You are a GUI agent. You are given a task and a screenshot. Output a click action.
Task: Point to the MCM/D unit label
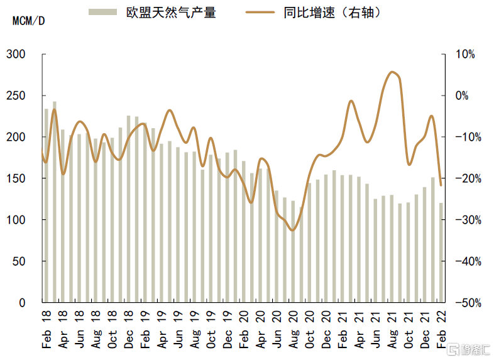click(x=28, y=20)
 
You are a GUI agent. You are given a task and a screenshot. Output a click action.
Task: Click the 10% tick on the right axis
click(x=466, y=55)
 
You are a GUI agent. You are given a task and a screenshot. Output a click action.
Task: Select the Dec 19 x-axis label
click(x=228, y=329)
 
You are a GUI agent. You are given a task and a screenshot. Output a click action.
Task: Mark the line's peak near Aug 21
click(x=392, y=72)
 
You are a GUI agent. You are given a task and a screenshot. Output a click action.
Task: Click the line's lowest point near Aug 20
click(x=292, y=230)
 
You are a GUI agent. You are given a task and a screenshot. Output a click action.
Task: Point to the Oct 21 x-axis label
click(x=408, y=329)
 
